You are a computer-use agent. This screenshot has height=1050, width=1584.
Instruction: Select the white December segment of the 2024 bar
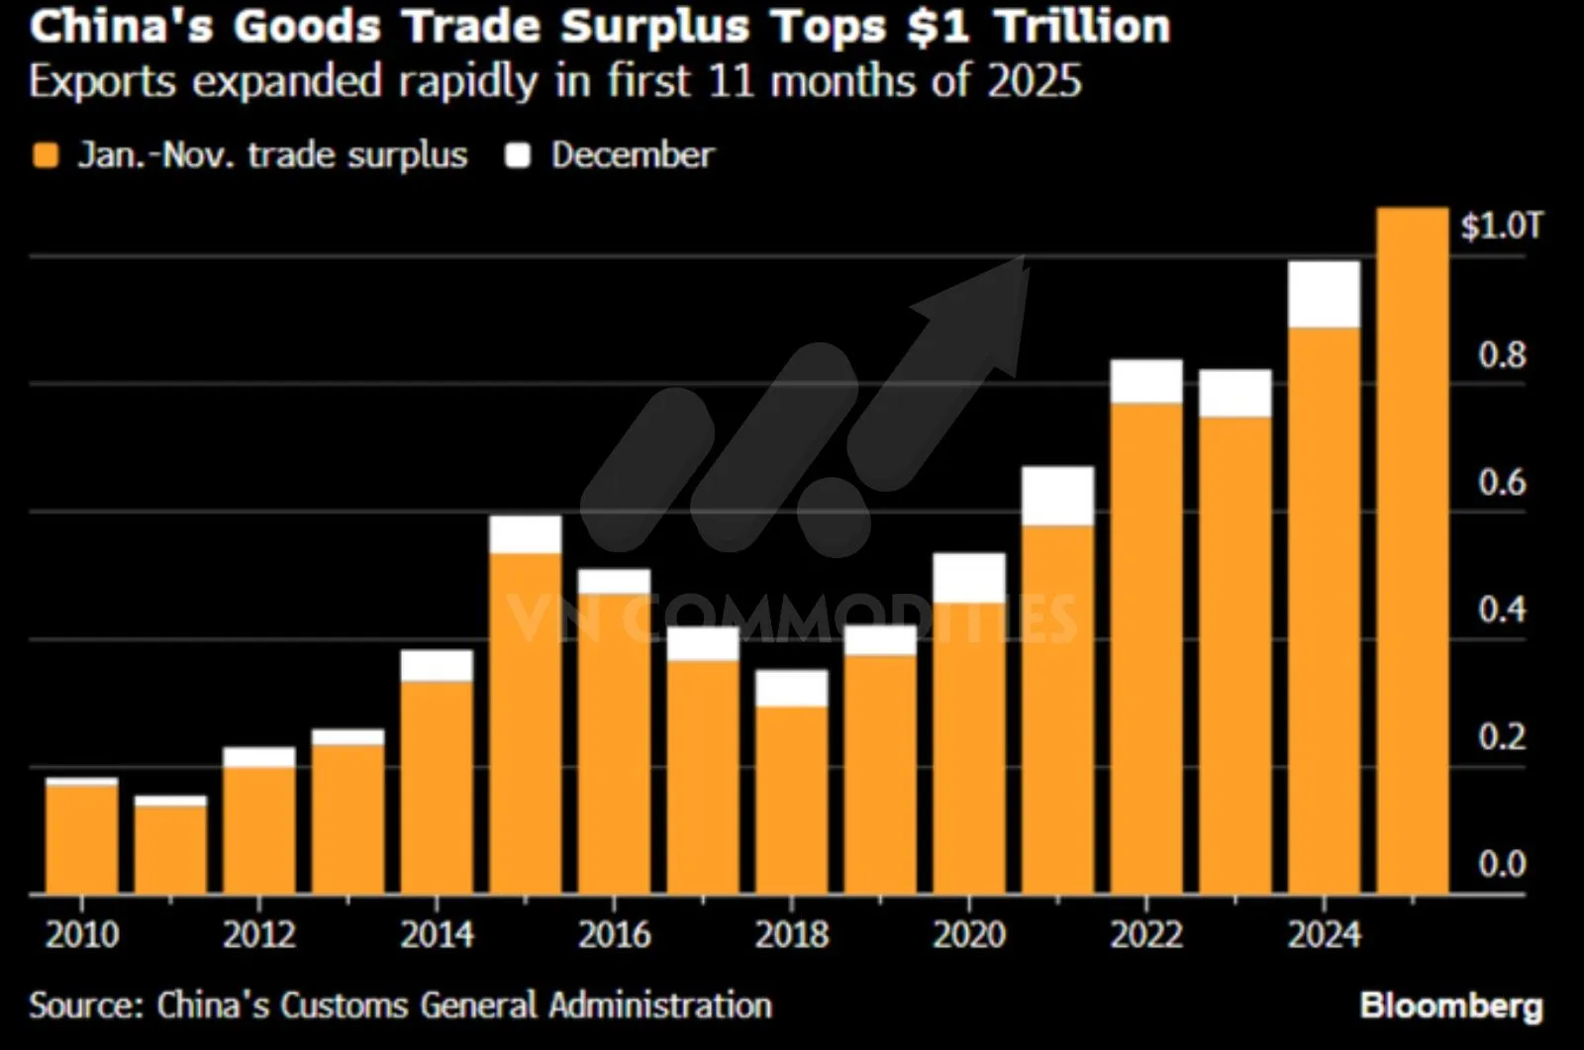(x=1324, y=294)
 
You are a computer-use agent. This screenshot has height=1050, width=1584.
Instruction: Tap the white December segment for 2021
(x=1057, y=495)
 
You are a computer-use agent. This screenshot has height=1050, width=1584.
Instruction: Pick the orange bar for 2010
(x=81, y=839)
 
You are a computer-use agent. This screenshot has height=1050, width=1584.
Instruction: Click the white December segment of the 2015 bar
(x=525, y=534)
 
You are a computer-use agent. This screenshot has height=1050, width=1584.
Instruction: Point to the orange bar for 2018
(x=791, y=800)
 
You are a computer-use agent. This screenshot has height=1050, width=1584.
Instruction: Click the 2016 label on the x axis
(x=614, y=934)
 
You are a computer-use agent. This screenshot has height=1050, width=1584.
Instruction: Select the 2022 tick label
(x=1146, y=934)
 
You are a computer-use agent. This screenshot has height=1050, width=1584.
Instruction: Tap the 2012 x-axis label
(x=259, y=934)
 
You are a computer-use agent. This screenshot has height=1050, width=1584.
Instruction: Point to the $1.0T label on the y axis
(x=1501, y=227)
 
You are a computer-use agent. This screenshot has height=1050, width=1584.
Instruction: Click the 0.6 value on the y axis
(x=1501, y=483)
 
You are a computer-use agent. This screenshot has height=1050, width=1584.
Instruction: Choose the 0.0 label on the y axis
(x=1501, y=865)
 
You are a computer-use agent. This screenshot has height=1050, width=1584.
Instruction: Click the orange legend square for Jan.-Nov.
(x=46, y=155)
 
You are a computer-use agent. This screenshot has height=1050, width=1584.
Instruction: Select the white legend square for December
(x=518, y=155)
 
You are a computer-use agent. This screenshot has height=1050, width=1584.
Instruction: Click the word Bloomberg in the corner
(x=1450, y=1005)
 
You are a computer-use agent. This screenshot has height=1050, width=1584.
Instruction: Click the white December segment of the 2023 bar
(x=1235, y=393)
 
